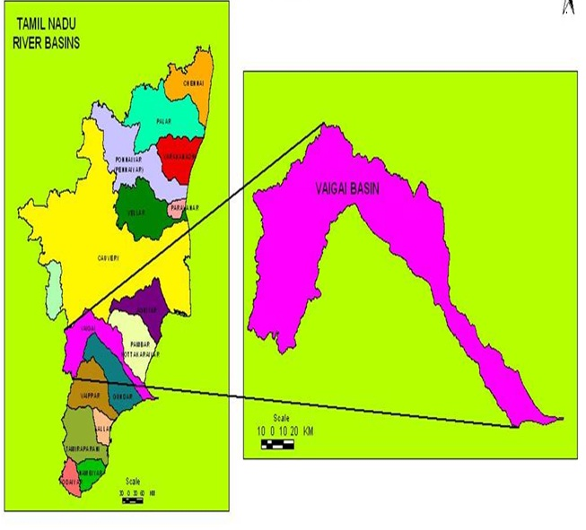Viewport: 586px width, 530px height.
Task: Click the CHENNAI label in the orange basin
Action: [193, 83]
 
